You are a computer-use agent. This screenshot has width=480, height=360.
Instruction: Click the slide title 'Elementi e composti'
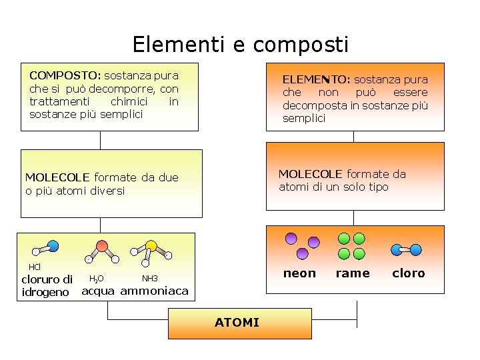[x=240, y=45]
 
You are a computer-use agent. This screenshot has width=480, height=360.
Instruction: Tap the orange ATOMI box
[x=237, y=323]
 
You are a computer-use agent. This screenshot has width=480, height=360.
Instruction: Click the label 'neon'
[x=299, y=273]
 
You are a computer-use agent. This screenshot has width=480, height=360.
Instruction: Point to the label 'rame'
[x=352, y=273]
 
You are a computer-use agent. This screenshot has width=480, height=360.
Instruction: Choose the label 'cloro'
[x=408, y=273]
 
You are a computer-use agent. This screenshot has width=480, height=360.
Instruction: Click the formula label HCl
[x=35, y=267]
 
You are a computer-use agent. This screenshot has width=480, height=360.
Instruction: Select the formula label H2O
[x=96, y=278]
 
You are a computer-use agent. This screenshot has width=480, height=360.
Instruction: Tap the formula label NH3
[x=149, y=278]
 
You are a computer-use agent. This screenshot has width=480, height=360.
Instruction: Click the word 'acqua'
[x=98, y=291]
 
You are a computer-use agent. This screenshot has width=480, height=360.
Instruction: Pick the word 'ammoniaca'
[x=154, y=291]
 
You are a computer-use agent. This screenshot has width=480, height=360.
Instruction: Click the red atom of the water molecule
[x=101, y=245]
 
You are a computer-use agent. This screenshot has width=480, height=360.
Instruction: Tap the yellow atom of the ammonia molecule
[x=151, y=245]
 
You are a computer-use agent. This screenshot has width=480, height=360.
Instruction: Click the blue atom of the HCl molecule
[x=53, y=245]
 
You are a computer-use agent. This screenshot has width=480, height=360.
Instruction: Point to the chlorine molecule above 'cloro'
[x=406, y=250]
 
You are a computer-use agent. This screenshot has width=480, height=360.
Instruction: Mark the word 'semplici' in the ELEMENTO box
[x=304, y=118]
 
